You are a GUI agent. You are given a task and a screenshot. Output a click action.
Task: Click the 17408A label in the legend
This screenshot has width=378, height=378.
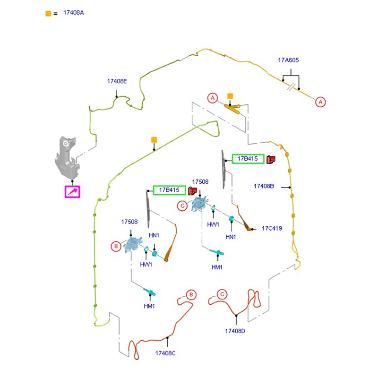73,13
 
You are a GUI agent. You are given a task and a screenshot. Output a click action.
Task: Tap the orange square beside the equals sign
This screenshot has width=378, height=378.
48,13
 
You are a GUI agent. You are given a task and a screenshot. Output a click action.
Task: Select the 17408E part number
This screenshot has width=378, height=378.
117,81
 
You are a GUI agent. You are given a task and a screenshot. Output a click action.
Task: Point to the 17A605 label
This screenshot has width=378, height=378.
288,60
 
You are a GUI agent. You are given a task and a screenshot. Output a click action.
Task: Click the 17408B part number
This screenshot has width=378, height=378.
264,186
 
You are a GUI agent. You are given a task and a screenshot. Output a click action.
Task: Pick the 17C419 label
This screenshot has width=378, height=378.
272,228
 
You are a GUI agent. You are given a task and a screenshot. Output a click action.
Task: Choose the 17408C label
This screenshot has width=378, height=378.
165,353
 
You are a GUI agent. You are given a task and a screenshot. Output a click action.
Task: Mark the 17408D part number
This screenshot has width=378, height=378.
235,331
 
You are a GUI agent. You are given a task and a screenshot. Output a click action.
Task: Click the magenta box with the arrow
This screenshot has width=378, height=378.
72,191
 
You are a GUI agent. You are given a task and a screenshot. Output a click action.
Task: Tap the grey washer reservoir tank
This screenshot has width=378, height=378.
67,158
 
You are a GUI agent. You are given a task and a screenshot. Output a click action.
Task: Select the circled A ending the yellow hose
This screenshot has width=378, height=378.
321,102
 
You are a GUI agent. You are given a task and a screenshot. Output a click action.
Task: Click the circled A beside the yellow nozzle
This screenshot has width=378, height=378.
213,98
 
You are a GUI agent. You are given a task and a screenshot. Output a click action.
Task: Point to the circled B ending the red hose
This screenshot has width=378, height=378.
191,295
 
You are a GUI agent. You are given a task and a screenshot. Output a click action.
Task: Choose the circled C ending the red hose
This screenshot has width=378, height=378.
222,294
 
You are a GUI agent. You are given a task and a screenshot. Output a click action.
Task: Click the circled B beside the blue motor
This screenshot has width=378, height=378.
115,246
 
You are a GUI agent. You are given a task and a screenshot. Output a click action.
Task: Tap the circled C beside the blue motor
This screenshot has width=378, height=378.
182,206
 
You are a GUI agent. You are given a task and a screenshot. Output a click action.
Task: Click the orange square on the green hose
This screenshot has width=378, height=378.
154,140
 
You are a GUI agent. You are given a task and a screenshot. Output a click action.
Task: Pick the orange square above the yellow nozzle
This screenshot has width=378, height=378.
230,96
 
